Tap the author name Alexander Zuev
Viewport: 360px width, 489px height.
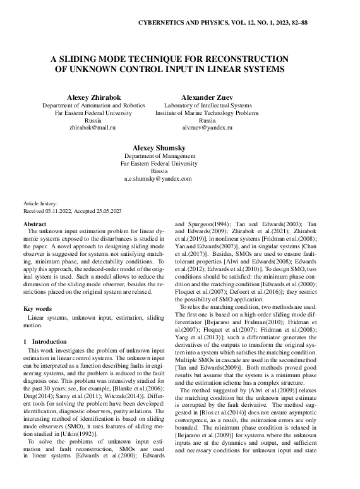tap(207, 97)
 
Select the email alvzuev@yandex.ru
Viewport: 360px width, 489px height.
tap(207, 127)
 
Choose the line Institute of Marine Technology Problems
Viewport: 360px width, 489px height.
tap(207, 112)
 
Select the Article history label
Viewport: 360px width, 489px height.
tap(40, 203)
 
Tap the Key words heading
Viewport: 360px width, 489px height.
tap(37, 308)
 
